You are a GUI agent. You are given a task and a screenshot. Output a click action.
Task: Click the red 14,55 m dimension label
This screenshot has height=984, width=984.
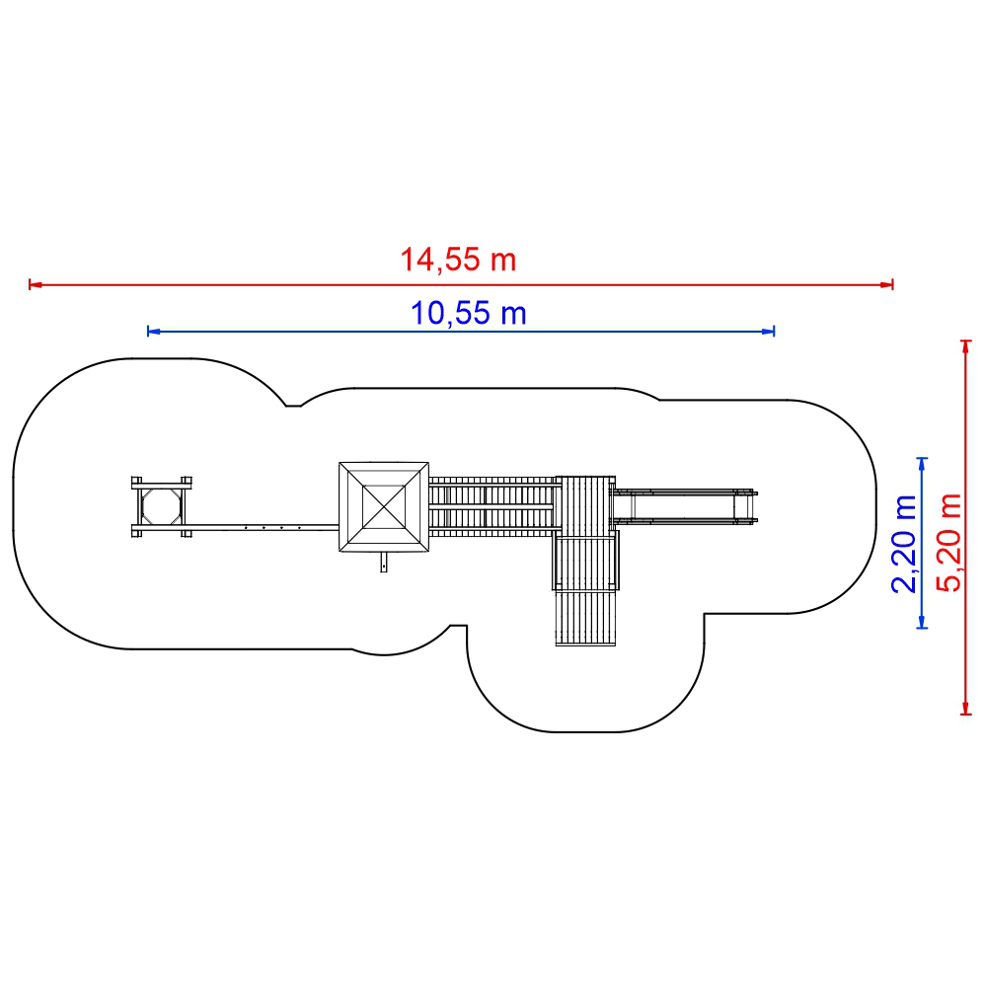[458, 260]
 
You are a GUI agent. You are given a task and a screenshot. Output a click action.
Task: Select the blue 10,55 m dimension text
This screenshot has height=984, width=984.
[468, 313]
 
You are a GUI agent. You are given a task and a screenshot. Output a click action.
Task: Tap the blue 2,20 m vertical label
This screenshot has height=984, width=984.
[904, 544]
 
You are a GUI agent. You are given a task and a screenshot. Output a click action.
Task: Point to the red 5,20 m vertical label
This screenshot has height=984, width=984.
[948, 543]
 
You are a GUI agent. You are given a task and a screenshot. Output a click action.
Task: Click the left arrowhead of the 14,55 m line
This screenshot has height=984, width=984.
[36, 285]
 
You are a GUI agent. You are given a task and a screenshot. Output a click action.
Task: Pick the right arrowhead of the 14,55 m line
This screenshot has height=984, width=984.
[886, 285]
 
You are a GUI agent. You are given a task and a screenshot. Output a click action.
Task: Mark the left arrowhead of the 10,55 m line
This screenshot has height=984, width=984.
[154, 332]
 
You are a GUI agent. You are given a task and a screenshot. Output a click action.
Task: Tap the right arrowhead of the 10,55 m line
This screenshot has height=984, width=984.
[768, 332]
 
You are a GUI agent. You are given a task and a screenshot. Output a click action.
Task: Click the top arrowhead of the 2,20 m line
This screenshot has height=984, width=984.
[922, 465]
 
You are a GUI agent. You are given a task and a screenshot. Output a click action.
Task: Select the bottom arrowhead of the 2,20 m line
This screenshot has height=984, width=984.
[922, 621]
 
